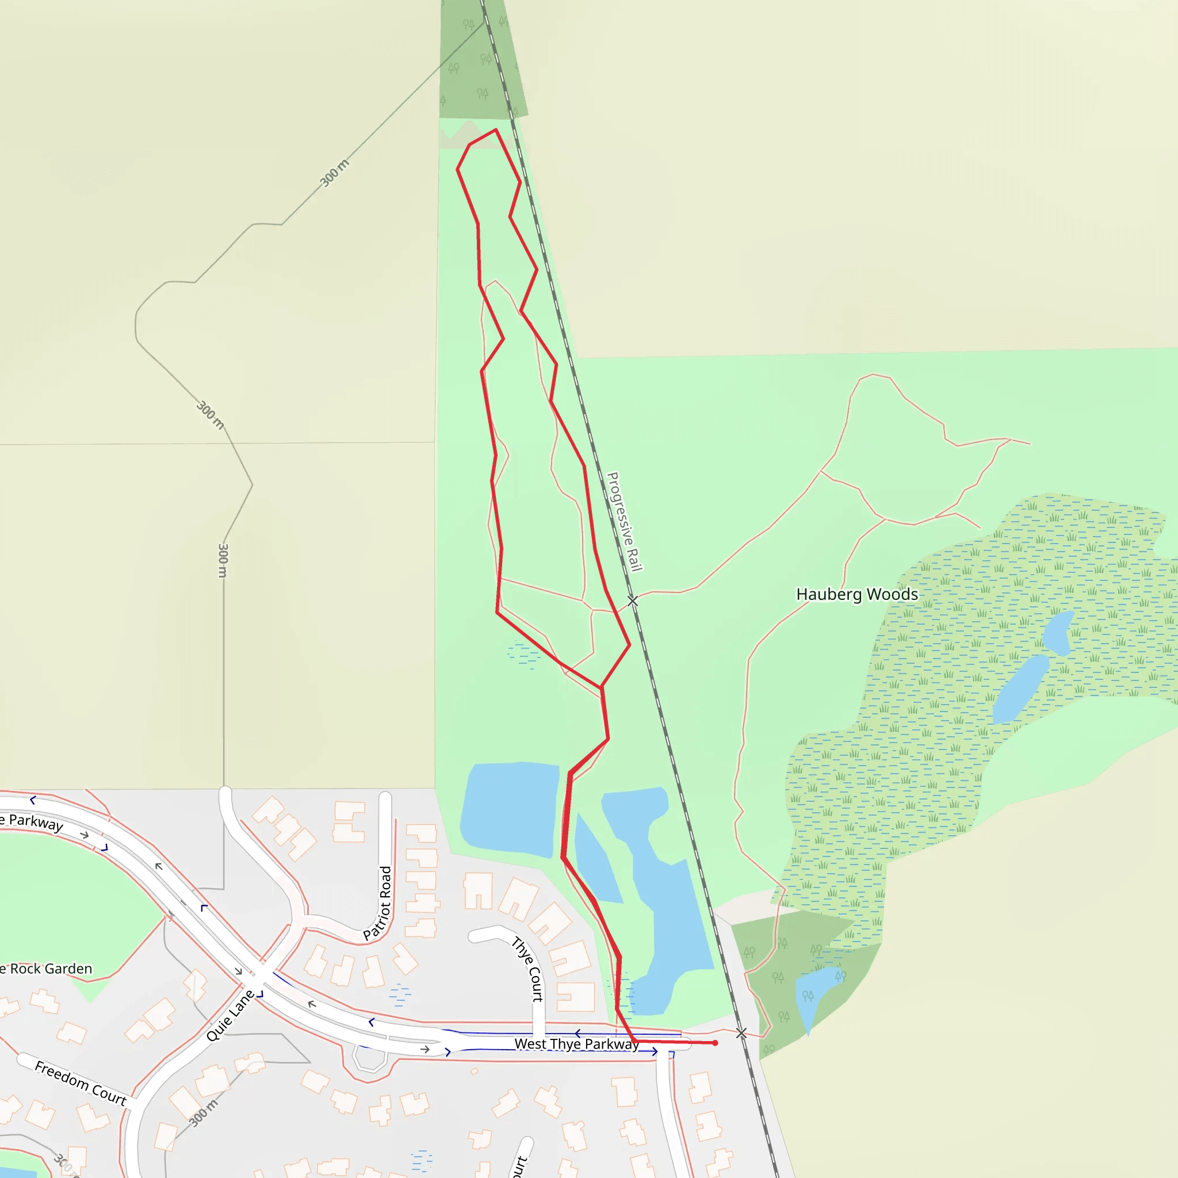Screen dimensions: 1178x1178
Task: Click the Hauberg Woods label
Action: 856,595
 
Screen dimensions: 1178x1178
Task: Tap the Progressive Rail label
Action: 624,522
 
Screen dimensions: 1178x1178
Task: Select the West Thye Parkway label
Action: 577,1044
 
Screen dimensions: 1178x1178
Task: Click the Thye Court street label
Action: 528,969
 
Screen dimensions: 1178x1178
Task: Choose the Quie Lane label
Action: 231,1015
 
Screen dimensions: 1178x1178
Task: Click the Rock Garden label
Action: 49,969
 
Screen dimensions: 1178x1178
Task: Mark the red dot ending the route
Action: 715,1043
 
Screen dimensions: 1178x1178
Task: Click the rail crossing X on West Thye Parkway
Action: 741,1033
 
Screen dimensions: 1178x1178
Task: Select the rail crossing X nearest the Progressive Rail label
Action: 633,601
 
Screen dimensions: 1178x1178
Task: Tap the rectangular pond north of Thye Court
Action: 510,809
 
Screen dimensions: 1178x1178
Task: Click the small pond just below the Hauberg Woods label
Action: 1058,632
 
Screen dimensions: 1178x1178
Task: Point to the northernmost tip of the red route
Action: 495,130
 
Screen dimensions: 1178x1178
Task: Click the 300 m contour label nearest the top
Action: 335,173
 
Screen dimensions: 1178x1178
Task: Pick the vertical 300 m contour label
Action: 223,560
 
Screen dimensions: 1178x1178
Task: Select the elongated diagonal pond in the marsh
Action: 1019,689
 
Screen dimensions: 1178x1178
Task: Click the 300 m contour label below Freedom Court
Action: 203,1114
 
